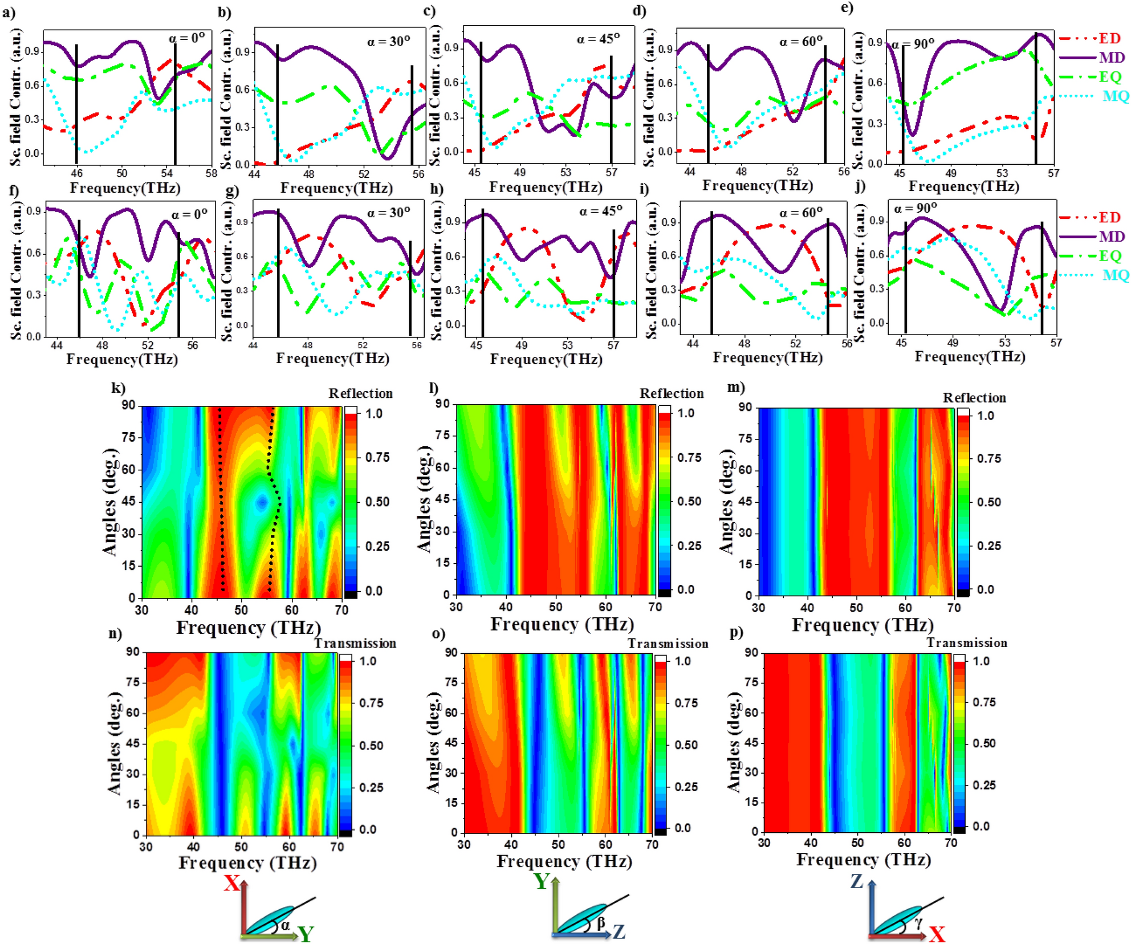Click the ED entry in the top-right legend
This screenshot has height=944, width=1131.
click(1109, 39)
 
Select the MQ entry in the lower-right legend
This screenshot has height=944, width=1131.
click(1114, 275)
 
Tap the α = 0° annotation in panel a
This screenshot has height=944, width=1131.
click(186, 39)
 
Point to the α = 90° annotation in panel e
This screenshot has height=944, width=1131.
click(913, 44)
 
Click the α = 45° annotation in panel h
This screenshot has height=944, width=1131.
click(601, 211)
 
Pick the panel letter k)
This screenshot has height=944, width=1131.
click(118, 388)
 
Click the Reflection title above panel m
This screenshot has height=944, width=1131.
click(974, 398)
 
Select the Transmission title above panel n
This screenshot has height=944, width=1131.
click(355, 644)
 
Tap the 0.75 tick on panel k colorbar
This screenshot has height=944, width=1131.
click(377, 457)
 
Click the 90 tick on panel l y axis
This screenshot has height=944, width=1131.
click(443, 404)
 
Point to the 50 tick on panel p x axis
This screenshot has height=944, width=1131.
click(857, 843)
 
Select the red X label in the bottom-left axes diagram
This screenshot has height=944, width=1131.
click(231, 884)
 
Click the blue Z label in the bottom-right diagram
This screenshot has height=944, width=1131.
click(856, 882)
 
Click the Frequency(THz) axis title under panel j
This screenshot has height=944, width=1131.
click(970, 357)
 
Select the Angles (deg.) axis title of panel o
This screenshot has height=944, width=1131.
click(434, 742)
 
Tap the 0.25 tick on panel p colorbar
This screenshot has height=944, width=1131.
click(983, 785)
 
